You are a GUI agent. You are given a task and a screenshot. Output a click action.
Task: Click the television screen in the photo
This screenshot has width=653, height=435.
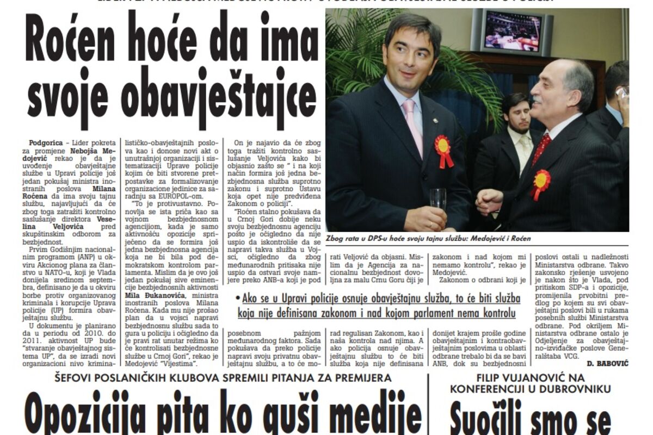tap(512, 30)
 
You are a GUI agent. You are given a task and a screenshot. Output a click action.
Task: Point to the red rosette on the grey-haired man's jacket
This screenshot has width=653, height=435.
tap(541, 182)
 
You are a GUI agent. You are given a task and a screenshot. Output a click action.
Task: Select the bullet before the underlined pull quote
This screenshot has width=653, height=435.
tap(238, 298)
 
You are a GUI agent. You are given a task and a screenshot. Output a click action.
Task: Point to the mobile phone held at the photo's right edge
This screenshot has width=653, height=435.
tap(622, 92)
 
